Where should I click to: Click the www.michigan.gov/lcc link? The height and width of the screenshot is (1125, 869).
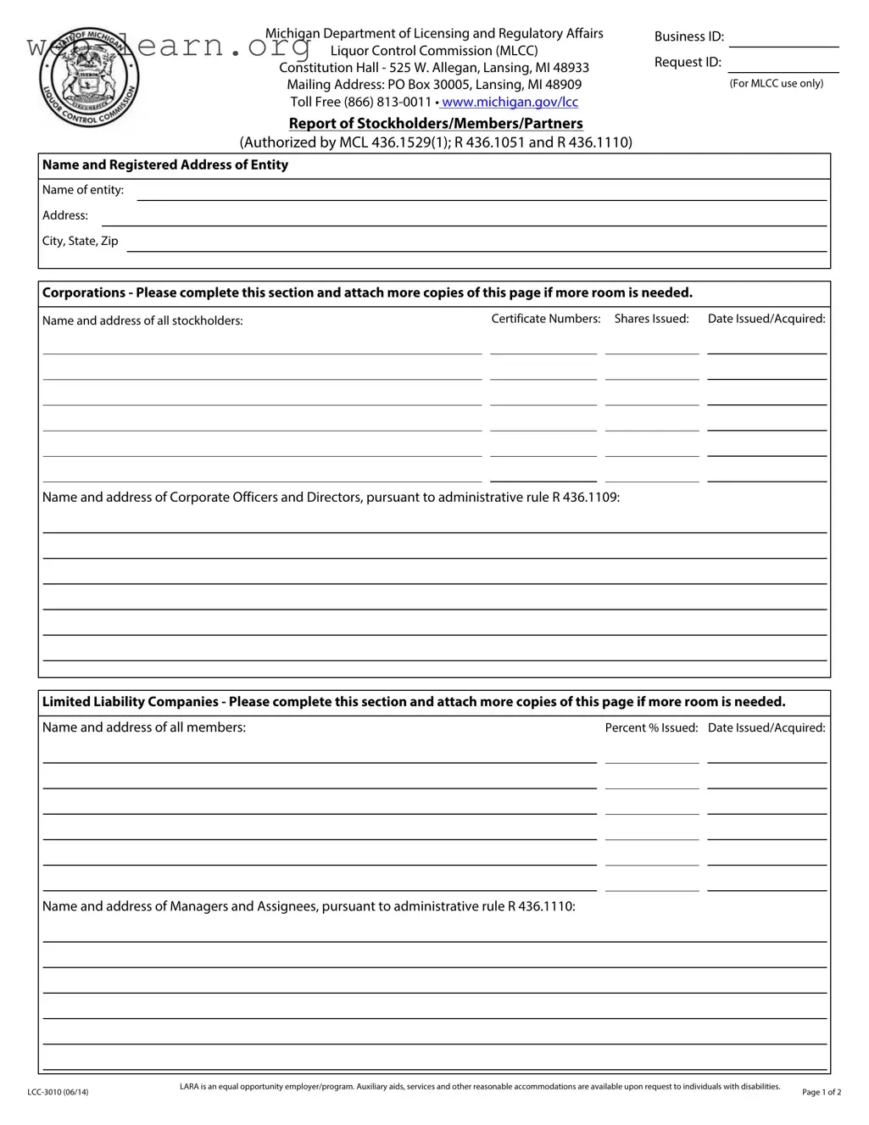(x=510, y=102)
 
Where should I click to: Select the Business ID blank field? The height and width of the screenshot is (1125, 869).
(x=783, y=37)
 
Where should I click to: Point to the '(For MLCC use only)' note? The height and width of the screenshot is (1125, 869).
(x=776, y=83)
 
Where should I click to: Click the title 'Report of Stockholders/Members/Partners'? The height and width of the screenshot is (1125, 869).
(x=436, y=124)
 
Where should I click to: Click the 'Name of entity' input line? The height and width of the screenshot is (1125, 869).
(x=482, y=192)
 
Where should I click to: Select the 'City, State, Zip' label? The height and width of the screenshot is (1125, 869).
(x=81, y=241)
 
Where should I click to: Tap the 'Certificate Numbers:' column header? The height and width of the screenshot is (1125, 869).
(x=546, y=319)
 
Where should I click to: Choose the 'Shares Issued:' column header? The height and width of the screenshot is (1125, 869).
(x=651, y=319)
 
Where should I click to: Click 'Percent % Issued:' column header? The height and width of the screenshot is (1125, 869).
(x=651, y=727)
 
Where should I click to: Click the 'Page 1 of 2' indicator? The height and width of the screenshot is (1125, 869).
(x=821, y=1092)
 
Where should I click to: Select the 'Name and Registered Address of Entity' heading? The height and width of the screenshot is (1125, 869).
(x=165, y=165)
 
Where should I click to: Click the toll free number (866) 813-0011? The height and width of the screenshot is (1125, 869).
(x=387, y=102)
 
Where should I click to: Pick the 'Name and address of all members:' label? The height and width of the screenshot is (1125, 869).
(x=144, y=727)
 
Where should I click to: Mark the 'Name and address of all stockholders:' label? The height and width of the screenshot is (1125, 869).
(x=142, y=320)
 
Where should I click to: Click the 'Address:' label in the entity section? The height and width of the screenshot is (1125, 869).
(x=65, y=215)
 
